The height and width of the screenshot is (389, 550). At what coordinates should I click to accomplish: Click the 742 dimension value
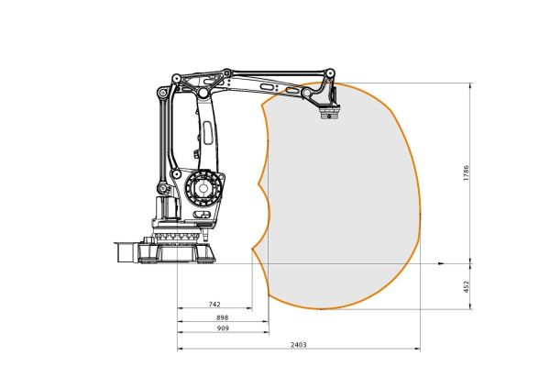[x=214, y=303]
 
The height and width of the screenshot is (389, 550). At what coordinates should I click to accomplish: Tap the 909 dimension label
[x=221, y=328]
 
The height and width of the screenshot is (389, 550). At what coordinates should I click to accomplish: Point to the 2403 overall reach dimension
[x=297, y=345]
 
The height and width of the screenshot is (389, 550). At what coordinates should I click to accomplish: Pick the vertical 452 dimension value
[x=467, y=285]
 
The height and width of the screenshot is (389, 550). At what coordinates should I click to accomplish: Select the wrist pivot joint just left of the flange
[x=306, y=93]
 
